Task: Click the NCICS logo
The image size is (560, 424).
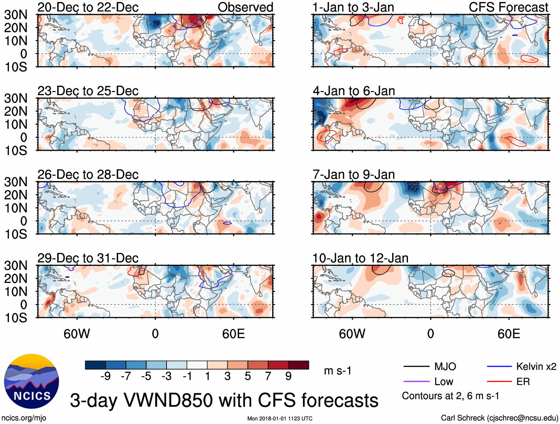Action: click(x=32, y=381)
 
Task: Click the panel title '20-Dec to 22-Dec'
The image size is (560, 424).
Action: click(x=88, y=7)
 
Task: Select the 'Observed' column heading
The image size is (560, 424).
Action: click(x=245, y=7)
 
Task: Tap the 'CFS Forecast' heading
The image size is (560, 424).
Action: click(x=508, y=7)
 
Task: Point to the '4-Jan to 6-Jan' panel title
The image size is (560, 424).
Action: click(x=354, y=91)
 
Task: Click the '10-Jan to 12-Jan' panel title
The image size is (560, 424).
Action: click(x=360, y=258)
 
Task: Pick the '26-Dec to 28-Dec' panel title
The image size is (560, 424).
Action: click(x=88, y=175)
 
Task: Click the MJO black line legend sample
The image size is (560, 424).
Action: click(x=416, y=367)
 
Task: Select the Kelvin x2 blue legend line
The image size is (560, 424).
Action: click(x=499, y=367)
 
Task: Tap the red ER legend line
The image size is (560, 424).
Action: click(x=499, y=381)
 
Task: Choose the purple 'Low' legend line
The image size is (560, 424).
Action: click(x=416, y=381)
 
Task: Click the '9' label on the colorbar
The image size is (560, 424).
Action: click(x=289, y=376)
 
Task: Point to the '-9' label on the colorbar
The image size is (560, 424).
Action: click(x=105, y=376)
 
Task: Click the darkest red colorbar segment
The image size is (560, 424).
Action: click(x=299, y=365)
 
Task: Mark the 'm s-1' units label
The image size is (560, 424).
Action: click(x=337, y=371)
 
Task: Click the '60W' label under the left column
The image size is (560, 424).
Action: click(x=77, y=334)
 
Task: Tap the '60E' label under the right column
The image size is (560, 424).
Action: click(x=508, y=334)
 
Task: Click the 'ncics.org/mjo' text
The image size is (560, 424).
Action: click(x=23, y=418)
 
